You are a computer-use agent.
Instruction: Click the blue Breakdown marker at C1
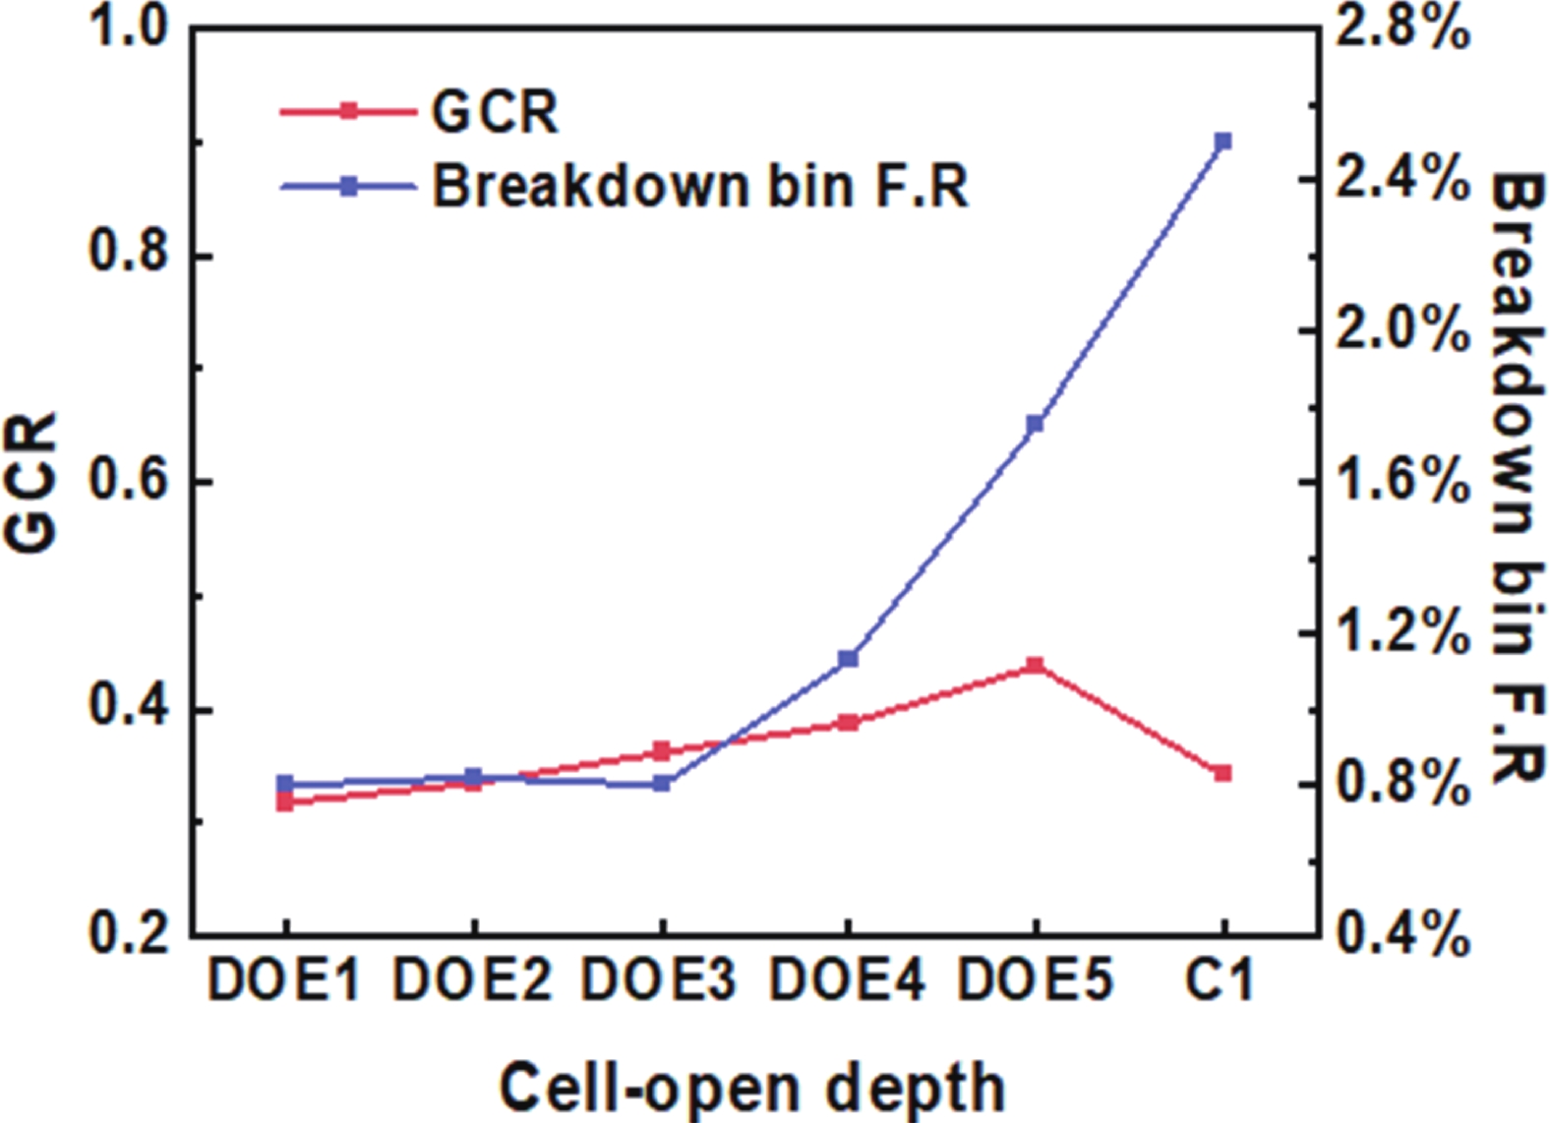pyautogui.click(x=1222, y=142)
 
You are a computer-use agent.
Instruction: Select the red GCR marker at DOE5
pyautogui.click(x=1035, y=666)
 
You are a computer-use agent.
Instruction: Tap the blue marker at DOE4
pyautogui.click(x=848, y=658)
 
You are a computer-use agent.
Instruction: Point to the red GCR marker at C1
pyautogui.click(x=1222, y=773)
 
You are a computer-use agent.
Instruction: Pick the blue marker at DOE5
pyautogui.click(x=1035, y=424)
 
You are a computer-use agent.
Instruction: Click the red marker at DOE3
pyautogui.click(x=661, y=751)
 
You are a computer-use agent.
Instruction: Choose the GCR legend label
pyautogui.click(x=495, y=111)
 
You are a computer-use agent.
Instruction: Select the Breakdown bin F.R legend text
pyautogui.click(x=700, y=185)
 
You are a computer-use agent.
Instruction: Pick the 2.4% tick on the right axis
pyautogui.click(x=1401, y=180)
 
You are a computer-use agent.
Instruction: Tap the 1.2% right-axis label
pyautogui.click(x=1401, y=632)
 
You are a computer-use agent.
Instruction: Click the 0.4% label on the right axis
pyautogui.click(x=1401, y=934)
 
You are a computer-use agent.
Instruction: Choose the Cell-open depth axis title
pyautogui.click(x=752, y=1088)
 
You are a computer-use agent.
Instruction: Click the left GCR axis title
pyautogui.click(x=31, y=482)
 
